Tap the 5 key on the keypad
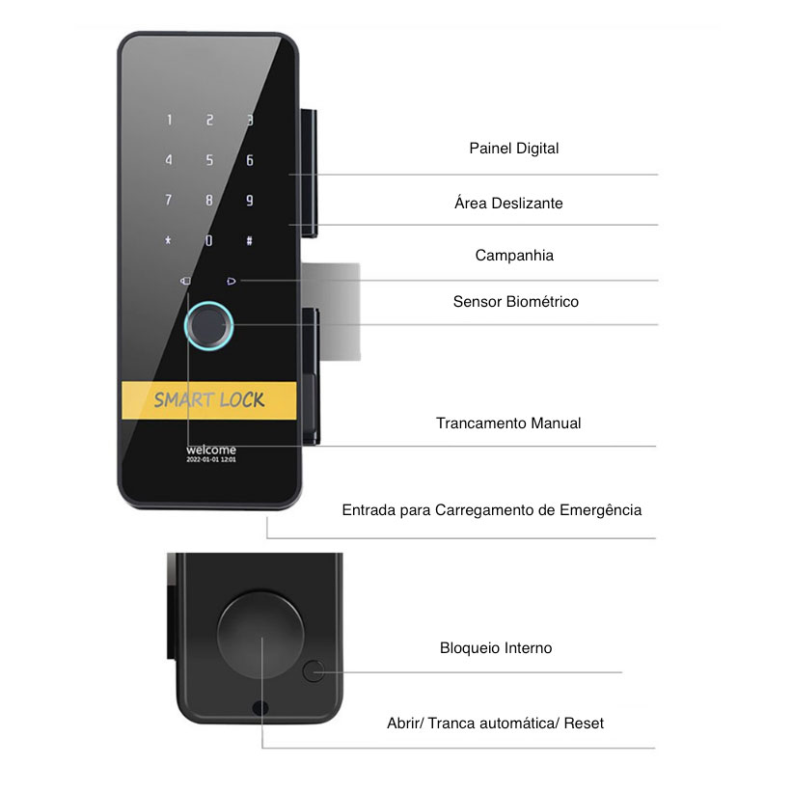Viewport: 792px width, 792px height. pos(209,160)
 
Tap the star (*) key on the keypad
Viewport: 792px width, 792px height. pos(169,240)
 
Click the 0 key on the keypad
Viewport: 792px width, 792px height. pos(208,240)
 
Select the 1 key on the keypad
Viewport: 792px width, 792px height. pos(170,121)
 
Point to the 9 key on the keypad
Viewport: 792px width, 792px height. pos(249,201)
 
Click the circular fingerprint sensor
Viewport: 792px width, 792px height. pos(210,328)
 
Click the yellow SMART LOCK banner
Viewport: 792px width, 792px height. pos(208,400)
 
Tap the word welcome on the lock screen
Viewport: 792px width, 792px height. pos(210,450)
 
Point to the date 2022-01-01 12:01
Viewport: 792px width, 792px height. pos(210,461)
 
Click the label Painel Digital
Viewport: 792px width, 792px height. pos(514,149)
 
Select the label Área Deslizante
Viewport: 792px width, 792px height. pos(508,204)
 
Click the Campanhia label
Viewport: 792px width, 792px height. pos(514,256)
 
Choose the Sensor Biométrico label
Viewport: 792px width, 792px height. pos(515,302)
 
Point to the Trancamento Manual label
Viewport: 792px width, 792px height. pos(508,423)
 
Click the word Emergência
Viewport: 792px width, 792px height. pos(600,509)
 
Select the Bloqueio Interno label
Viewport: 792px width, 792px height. pos(496,648)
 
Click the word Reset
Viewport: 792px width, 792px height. pos(584,723)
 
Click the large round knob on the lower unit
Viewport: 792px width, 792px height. pos(260,636)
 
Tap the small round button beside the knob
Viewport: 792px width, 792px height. pos(313,671)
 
